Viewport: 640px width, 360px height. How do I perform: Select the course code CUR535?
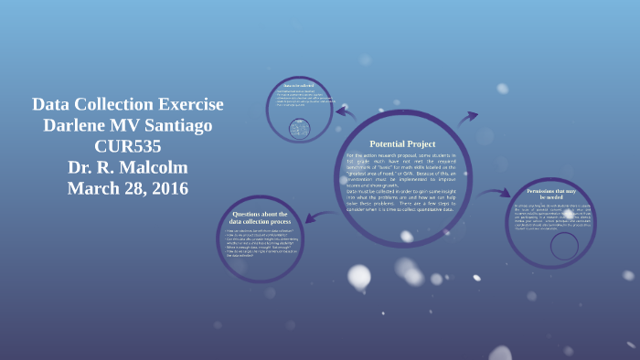tap(127, 146)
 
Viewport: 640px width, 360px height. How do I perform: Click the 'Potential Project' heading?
tap(402, 144)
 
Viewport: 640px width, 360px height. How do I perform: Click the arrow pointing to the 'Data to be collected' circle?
tap(345, 112)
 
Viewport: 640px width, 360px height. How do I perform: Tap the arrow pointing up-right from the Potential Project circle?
tap(467, 118)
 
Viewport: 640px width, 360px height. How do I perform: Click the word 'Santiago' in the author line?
tap(186, 125)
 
